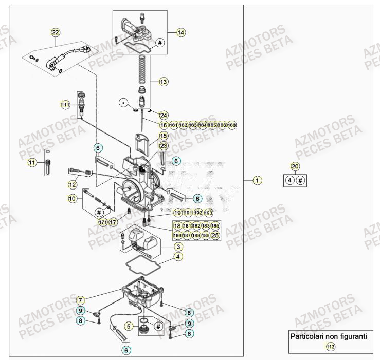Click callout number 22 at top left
pos(56,32)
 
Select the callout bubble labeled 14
pos(180,32)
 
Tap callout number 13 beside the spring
pos(163,82)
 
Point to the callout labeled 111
pos(65,105)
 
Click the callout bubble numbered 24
pos(164,115)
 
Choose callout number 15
pos(164,136)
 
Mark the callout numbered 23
pos(164,146)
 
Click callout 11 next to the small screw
pos(32,163)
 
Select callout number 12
pos(73,184)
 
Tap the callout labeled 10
pos(73,198)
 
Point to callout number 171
pos(103,222)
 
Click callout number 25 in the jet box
pos(215,235)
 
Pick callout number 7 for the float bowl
pos(80,299)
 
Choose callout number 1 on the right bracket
pos(258,180)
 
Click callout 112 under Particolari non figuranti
pos(330,348)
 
